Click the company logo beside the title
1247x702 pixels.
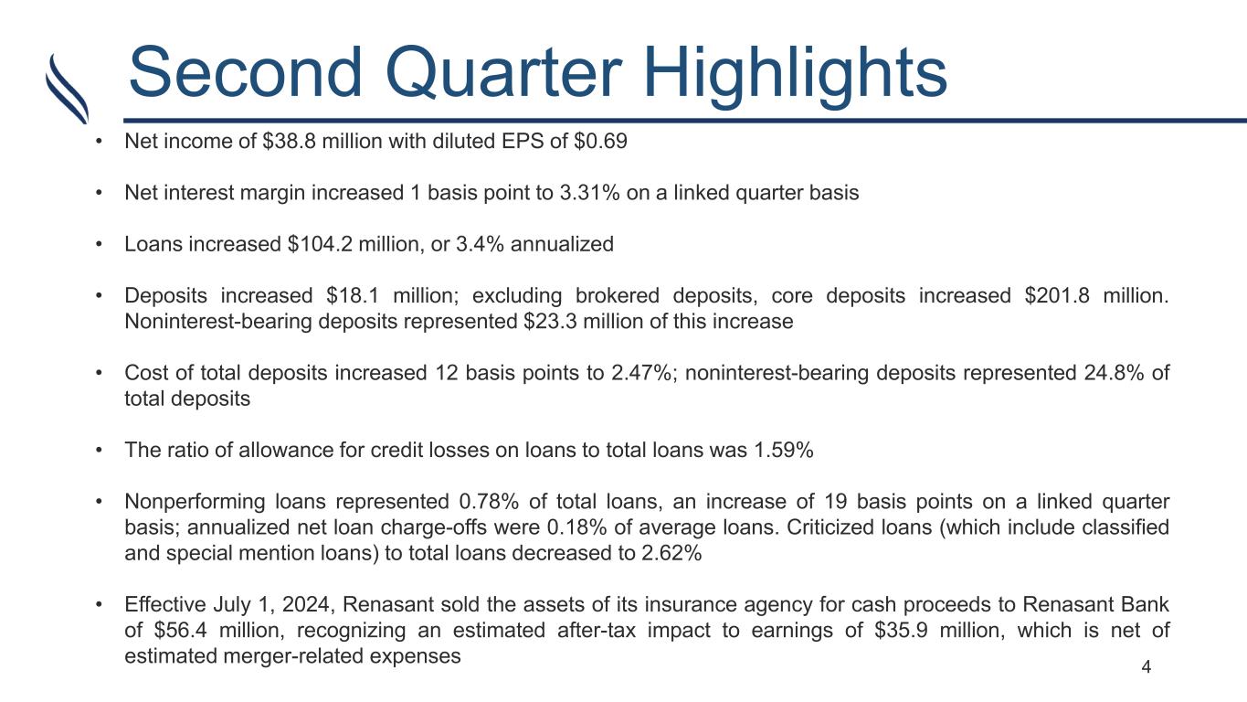(x=67, y=89)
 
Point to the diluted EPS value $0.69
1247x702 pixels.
(x=600, y=141)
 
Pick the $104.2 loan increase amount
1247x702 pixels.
(x=320, y=244)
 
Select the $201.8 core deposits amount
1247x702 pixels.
(x=1057, y=295)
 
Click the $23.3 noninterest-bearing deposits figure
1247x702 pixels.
(x=550, y=322)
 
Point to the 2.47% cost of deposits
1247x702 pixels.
(x=642, y=373)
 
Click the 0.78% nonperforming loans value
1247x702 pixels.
(x=489, y=502)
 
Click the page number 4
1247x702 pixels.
(x=1146, y=667)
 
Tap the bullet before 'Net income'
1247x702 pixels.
(x=99, y=142)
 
